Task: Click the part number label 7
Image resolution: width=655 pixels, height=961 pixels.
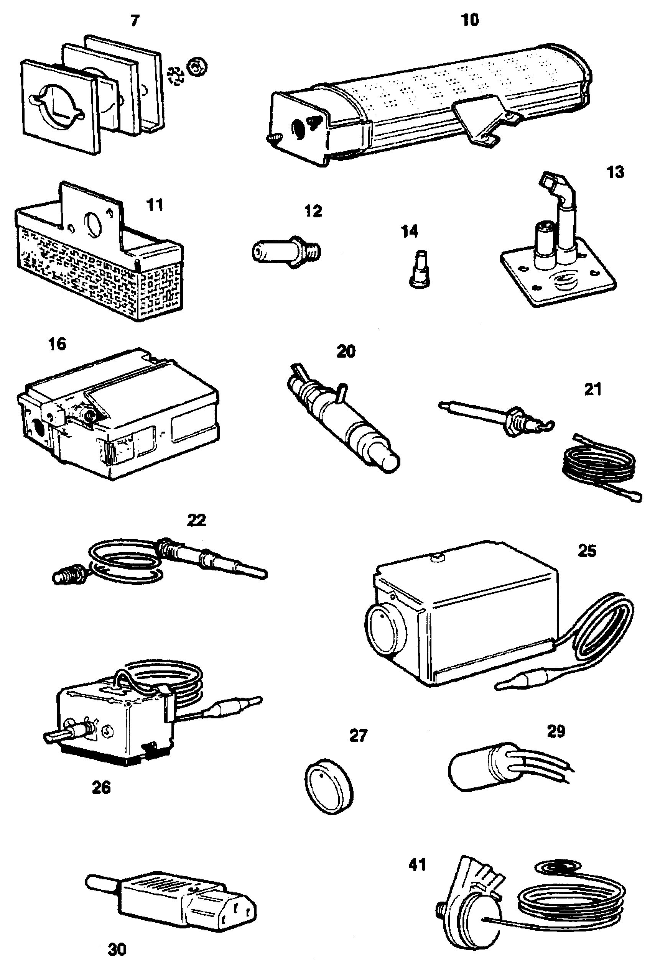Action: (135, 21)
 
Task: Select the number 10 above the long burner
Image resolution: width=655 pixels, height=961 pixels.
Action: (470, 20)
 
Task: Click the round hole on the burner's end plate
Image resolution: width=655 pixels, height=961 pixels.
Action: (298, 128)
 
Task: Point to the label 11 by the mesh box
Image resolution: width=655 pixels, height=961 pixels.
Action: (155, 205)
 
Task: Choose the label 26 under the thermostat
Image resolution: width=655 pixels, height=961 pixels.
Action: (101, 787)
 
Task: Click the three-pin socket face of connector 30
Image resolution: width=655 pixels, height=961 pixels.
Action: (234, 914)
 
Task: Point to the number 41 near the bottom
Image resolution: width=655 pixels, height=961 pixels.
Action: (417, 865)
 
